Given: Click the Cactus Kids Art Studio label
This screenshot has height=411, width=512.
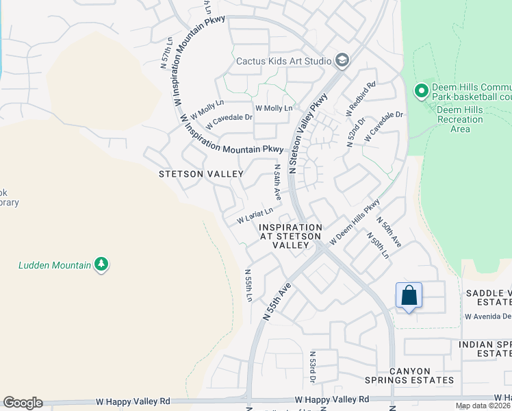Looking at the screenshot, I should pos(283,61).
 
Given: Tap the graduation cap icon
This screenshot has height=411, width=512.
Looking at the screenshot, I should pos(342,61).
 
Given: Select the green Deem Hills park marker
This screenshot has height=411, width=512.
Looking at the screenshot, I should pos(421,90).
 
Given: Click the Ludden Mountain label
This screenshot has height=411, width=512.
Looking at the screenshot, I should pos(55,264).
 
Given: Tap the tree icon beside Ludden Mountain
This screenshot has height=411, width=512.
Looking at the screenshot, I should pos(101,264).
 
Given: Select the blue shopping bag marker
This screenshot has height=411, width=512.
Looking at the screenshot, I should pos(409,295).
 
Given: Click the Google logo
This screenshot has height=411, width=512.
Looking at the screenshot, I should pos(23,403).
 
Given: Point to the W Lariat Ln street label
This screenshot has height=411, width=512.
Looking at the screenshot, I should pos(255,216).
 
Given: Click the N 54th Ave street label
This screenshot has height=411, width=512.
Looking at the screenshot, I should pos(277,182).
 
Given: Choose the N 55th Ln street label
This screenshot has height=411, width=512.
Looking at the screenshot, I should pos(248,285).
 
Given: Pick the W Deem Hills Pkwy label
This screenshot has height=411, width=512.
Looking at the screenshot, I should pos(354,222).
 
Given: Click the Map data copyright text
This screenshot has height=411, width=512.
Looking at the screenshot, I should pos(483,406).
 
